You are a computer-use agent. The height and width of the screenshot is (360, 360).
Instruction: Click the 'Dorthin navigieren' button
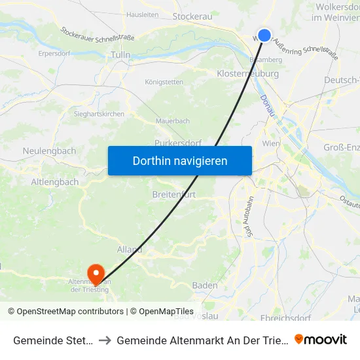coord(179,160)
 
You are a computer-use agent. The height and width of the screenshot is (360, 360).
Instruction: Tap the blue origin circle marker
coord(264,35)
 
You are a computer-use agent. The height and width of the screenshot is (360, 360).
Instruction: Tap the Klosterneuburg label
coord(247,74)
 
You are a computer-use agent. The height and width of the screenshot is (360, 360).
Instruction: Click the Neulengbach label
coord(49,151)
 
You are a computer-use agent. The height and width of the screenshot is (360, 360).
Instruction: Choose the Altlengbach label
coord(55,182)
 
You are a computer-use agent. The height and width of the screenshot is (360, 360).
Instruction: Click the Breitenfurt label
coord(173,195)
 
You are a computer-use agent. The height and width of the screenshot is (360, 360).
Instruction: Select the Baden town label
coord(205,285)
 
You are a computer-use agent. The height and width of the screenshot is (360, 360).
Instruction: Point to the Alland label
coord(130,249)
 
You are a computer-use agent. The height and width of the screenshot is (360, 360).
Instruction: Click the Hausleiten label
coord(143,14)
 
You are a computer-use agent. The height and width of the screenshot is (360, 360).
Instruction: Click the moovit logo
coord(321,339)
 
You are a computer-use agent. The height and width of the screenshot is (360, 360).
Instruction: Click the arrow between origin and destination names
coord(105,340)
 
